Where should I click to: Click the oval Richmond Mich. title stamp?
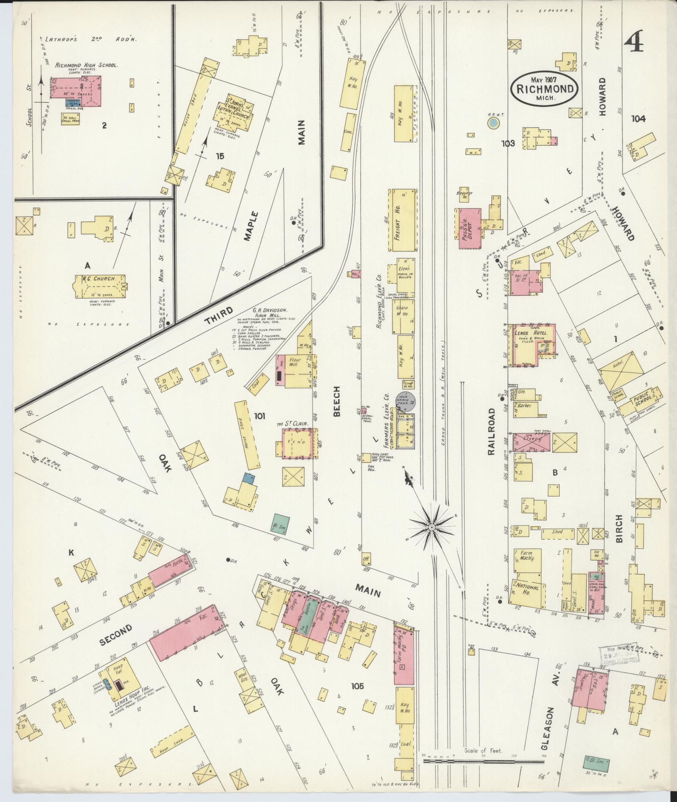coord(544,88)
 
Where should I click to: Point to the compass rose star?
coord(432,527)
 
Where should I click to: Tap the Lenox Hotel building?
coord(530,343)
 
